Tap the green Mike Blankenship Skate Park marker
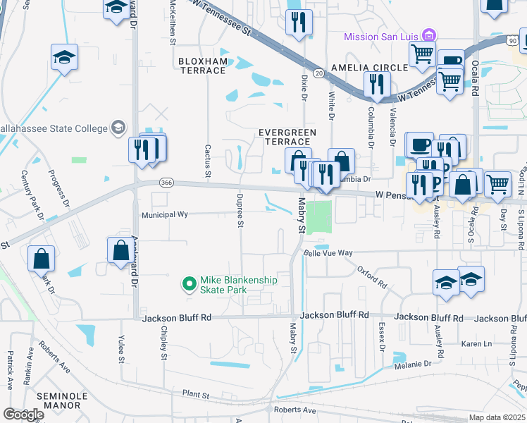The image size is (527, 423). [x=189, y=285]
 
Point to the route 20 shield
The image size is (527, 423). [x=318, y=73]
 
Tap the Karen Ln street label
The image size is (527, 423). [x=476, y=343]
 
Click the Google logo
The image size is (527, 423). [x=24, y=415]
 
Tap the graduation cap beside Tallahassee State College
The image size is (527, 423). [x=118, y=128]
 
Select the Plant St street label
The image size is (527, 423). [x=197, y=395]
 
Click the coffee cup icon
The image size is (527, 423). [x=420, y=145]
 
